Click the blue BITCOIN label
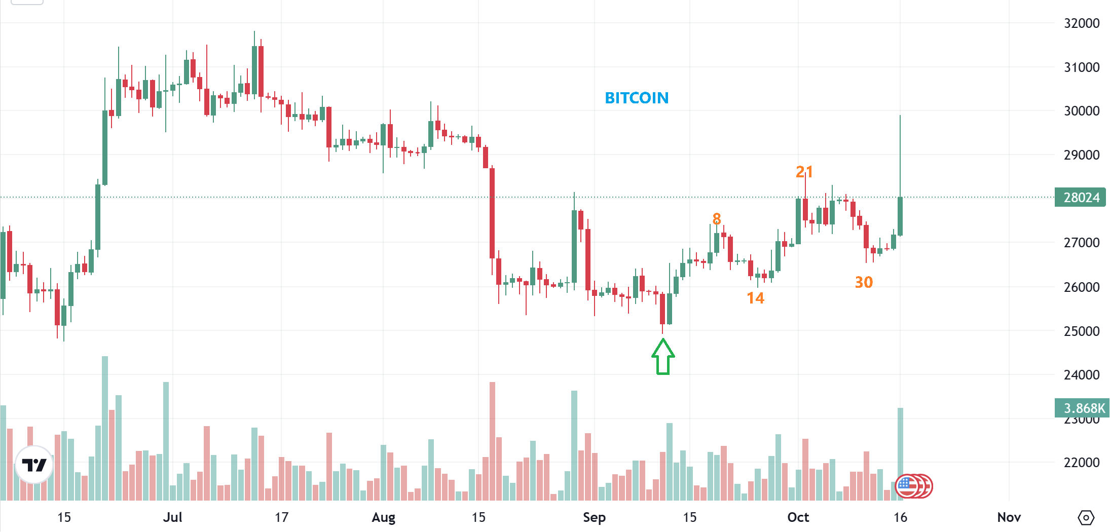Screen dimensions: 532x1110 (x=637, y=98)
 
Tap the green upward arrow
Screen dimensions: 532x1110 (x=663, y=357)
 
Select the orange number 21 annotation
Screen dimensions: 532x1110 (x=804, y=172)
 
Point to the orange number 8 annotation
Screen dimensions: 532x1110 (x=716, y=219)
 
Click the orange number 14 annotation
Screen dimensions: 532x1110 (x=755, y=298)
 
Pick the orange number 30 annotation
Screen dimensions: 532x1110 (x=864, y=282)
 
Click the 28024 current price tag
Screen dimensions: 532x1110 (x=1081, y=197)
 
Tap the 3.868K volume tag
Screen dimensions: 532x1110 (x=1083, y=408)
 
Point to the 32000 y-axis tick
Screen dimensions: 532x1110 (x=1082, y=23)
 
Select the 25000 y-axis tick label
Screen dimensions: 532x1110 (x=1082, y=331)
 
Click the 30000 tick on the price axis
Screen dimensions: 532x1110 (x=1082, y=111)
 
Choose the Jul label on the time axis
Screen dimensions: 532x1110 (x=172, y=517)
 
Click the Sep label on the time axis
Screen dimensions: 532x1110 (x=594, y=517)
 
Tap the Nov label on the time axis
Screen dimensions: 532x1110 (x=1009, y=517)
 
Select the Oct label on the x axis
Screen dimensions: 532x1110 (x=798, y=517)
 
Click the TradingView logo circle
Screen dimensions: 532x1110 (x=34, y=465)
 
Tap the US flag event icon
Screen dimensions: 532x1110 (x=908, y=486)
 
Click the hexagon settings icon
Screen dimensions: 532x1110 (x=1086, y=518)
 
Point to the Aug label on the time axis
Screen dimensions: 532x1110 (x=383, y=517)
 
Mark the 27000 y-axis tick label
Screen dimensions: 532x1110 (x=1082, y=243)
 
